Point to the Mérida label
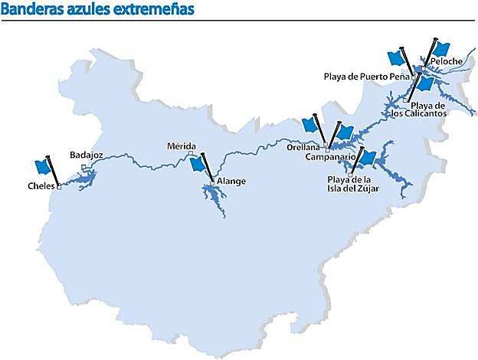point(182,146)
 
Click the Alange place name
point(231,182)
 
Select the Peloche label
point(446,61)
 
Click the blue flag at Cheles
point(43,166)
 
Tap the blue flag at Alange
point(198,163)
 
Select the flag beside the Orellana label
point(310,125)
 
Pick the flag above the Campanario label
point(345,132)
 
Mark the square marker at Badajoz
point(83,165)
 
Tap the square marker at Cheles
point(58,186)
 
